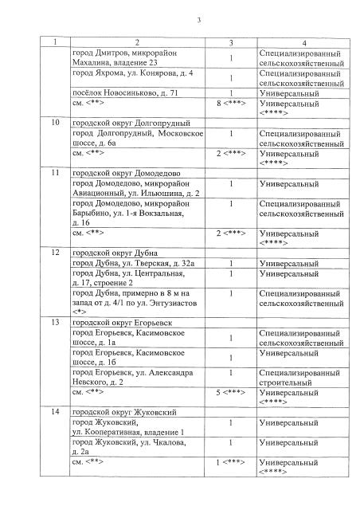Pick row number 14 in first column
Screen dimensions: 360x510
[x=54, y=411]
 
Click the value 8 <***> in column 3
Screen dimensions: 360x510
[x=231, y=104]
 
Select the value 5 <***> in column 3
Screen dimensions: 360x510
[x=231, y=392]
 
